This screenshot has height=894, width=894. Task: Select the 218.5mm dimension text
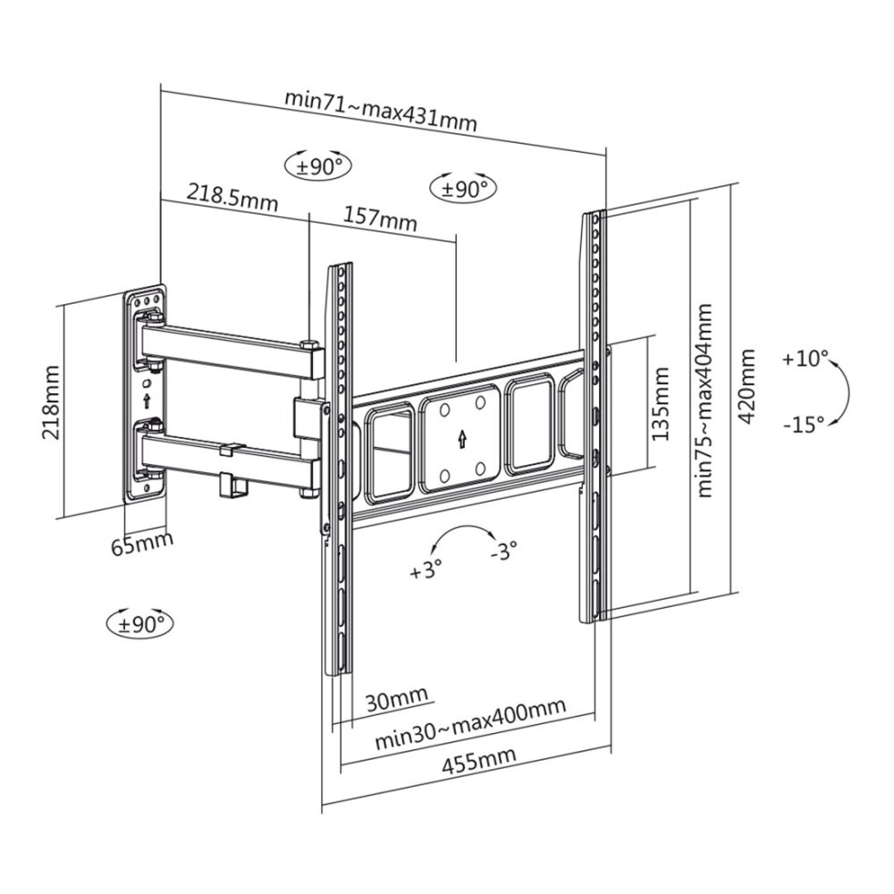pos(232,197)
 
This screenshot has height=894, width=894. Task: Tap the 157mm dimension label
pos(380,216)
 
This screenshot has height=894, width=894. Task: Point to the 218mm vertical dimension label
pos(51,402)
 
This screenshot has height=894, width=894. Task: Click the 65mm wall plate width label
pos(142,543)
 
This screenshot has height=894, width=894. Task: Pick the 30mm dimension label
pos(396,698)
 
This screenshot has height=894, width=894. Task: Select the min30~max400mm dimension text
pos(470,723)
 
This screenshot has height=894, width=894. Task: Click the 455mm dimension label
pos(478,760)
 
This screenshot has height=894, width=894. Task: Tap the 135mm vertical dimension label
pos(661,404)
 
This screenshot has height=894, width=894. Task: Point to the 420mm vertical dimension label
pos(746,386)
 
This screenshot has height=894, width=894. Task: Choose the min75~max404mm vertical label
pos(704,401)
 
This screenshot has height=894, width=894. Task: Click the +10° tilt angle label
pos(805,359)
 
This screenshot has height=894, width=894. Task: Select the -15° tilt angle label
pos(804,424)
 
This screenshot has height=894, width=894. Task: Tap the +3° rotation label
pos(426,569)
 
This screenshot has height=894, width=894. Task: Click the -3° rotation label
pos(504,550)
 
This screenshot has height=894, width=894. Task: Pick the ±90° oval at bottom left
pos(140,624)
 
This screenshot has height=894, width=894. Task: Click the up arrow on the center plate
pos(461,438)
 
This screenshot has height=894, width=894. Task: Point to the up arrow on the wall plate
pos(147,401)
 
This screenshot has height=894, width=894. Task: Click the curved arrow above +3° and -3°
pos(463,528)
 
